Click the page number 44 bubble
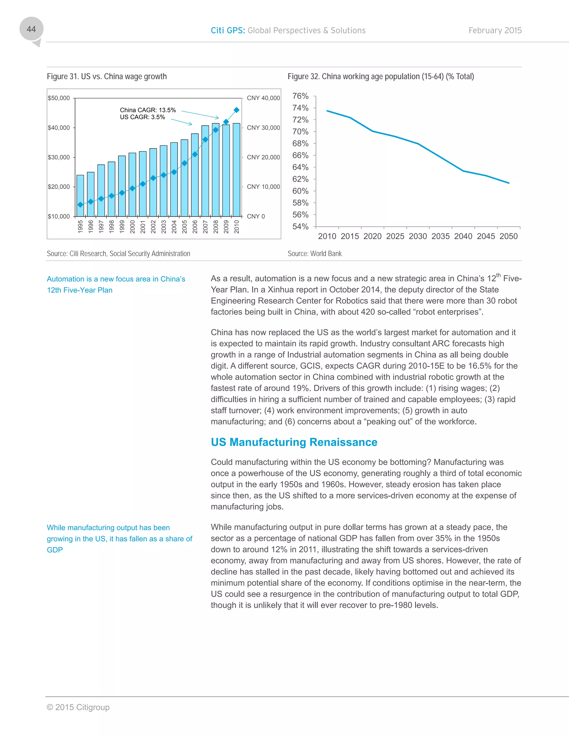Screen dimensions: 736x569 click(x=31, y=29)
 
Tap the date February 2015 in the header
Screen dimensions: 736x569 click(x=495, y=31)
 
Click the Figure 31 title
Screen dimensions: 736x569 click(x=106, y=76)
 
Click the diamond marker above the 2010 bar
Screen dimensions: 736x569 click(x=236, y=110)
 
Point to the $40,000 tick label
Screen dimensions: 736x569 click(x=59, y=128)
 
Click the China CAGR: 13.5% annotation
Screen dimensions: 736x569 click(x=148, y=110)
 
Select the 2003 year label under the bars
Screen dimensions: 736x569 click(x=163, y=226)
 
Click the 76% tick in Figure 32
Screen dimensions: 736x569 click(x=300, y=96)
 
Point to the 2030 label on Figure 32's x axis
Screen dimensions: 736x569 click(x=418, y=236)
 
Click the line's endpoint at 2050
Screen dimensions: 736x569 click(x=509, y=183)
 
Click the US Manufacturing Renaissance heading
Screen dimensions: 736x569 click(x=294, y=442)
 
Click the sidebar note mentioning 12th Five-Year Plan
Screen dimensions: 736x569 click(x=116, y=284)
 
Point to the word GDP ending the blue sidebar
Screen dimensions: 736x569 click(x=55, y=550)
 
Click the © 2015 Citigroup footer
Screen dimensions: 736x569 click(x=78, y=707)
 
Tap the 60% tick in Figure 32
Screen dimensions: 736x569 click(x=300, y=191)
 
